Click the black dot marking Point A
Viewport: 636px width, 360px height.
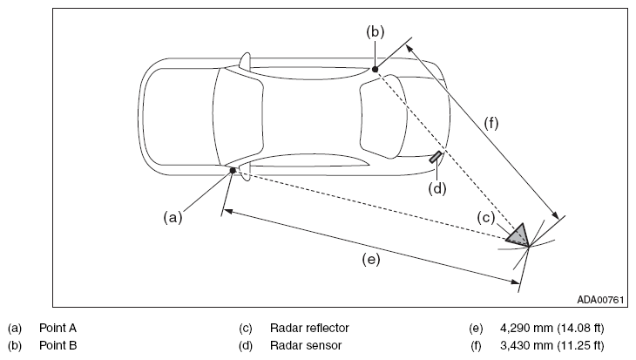coord(233,171)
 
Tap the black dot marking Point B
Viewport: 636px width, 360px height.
coord(376,70)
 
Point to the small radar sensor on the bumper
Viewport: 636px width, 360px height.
coord(436,157)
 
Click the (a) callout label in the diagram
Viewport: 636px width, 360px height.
coord(173,218)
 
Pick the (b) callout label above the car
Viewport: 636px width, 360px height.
coord(376,31)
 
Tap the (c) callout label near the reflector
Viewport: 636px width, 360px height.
coord(486,218)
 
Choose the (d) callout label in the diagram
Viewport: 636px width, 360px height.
coord(437,188)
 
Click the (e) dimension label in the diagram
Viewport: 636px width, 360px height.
coord(371,260)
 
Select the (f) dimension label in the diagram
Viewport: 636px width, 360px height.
coord(491,123)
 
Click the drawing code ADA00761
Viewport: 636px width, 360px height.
coord(600,300)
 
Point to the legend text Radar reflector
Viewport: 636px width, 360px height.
coord(309,328)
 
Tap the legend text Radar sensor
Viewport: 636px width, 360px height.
coord(306,345)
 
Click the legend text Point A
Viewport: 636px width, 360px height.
coord(58,328)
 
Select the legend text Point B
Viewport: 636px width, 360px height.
coord(58,345)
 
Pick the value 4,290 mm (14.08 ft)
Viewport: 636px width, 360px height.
coord(552,328)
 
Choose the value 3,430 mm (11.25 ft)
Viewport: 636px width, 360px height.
coord(552,345)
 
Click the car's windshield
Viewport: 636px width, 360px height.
coord(383,117)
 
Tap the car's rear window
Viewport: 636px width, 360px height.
coord(239,117)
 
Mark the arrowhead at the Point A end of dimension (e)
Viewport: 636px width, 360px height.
coord(227,211)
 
